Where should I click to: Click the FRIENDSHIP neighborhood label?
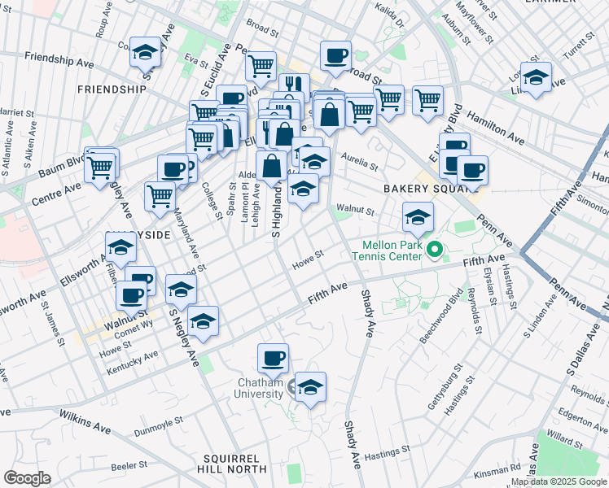click(x=112, y=89)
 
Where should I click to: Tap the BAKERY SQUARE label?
click(x=424, y=189)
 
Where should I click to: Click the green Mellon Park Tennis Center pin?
click(x=435, y=249)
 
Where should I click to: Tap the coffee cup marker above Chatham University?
click(x=273, y=358)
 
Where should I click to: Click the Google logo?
click(x=27, y=478)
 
